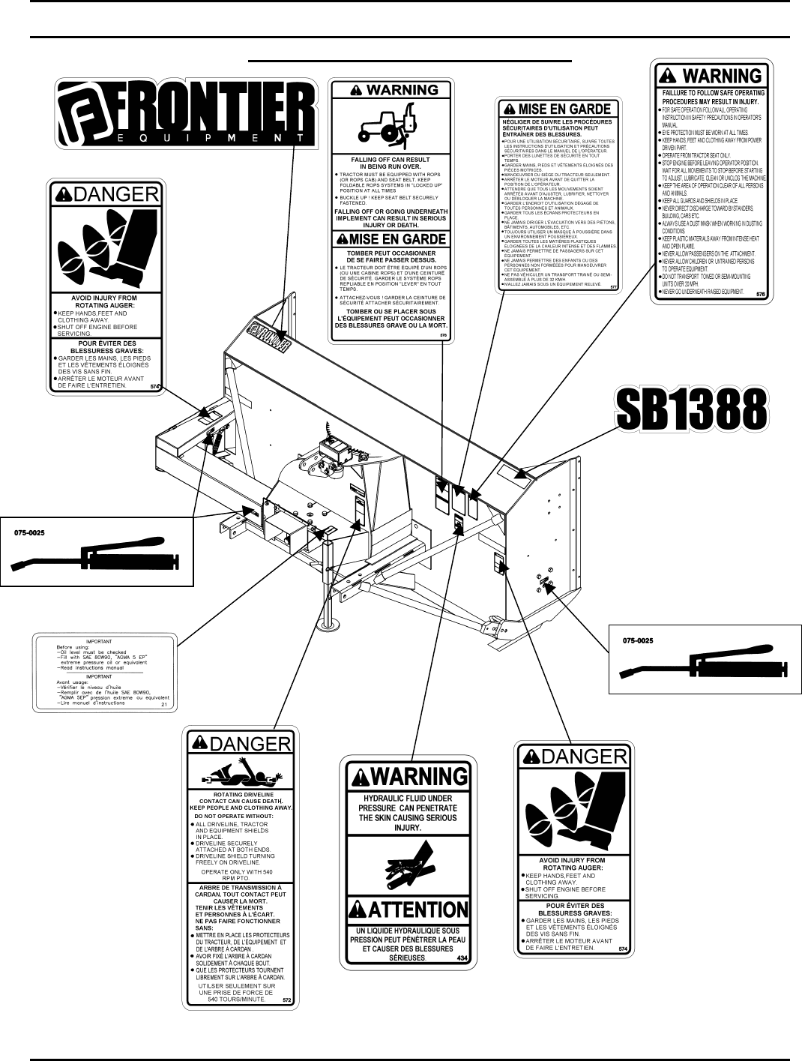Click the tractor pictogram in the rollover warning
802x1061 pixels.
click(388, 125)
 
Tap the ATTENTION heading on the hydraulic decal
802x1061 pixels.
click(408, 910)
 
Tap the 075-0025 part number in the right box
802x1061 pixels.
click(639, 640)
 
